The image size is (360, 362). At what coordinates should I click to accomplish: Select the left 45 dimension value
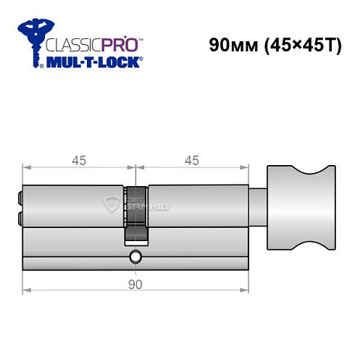78,161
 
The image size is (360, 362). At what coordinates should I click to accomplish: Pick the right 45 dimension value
192,161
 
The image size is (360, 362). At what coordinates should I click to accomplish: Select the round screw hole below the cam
135,257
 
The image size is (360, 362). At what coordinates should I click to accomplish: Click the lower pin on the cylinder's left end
19,218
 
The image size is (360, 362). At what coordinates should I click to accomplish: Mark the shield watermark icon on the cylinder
112,203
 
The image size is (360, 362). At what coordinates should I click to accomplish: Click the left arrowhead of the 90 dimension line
26,292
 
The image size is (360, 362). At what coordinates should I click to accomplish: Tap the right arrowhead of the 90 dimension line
245,292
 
